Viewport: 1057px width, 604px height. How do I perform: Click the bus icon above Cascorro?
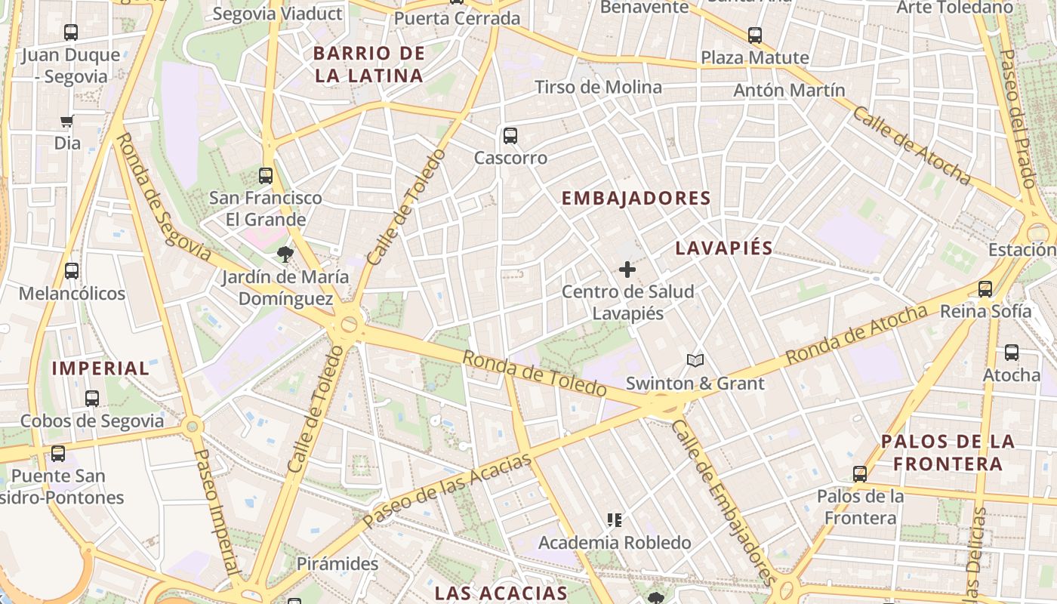pyautogui.click(x=510, y=136)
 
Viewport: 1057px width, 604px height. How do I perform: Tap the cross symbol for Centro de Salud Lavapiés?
pyautogui.click(x=627, y=269)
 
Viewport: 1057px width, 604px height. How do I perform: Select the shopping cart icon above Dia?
pyautogui.click(x=67, y=121)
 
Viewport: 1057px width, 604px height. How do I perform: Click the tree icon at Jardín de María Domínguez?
pyautogui.click(x=285, y=254)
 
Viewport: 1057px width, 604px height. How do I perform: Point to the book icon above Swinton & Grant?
pyautogui.click(x=695, y=361)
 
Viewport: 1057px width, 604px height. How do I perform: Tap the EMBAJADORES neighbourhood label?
pyautogui.click(x=636, y=199)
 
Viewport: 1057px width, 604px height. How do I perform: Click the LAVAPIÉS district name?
pyautogui.click(x=724, y=248)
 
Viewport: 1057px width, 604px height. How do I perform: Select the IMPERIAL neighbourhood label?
pyautogui.click(x=100, y=368)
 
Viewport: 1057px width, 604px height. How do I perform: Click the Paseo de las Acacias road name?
pyautogui.click(x=447, y=492)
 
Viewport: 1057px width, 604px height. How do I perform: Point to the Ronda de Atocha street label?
pyautogui.click(x=857, y=334)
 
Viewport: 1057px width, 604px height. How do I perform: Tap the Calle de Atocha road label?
pyautogui.click(x=911, y=145)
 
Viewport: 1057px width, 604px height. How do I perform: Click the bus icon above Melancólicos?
pyautogui.click(x=72, y=270)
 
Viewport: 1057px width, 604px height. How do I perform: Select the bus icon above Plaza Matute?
pyautogui.click(x=754, y=35)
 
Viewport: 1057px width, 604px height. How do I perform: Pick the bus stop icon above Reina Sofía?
pyautogui.click(x=985, y=288)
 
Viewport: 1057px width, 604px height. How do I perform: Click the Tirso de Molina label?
pyautogui.click(x=598, y=88)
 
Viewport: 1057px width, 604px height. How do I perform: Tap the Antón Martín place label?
pyautogui.click(x=789, y=91)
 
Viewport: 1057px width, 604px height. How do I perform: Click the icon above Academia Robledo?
pyautogui.click(x=615, y=519)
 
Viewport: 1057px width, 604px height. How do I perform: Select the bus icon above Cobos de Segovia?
pyautogui.click(x=92, y=398)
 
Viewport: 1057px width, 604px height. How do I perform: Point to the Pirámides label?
pyautogui.click(x=337, y=564)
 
